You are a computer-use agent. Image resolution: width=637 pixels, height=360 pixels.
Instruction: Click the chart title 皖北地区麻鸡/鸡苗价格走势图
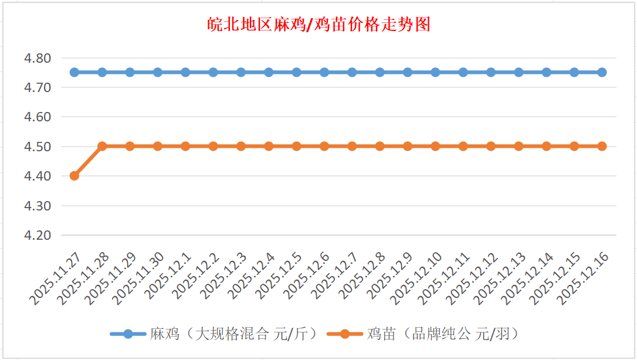[319, 25]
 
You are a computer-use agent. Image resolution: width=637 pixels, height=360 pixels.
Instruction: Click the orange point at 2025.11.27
[74, 176]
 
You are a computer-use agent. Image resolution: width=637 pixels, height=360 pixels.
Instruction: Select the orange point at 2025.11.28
[102, 146]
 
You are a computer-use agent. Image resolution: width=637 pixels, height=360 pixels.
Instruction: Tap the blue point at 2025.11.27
[74, 72]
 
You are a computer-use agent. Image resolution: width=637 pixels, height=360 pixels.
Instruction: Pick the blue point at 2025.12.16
[602, 72]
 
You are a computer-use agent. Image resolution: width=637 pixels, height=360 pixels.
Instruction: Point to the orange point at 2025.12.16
[602, 146]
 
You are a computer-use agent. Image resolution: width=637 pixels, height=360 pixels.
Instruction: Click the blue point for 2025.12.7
[352, 72]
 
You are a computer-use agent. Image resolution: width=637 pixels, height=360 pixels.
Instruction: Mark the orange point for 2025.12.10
[435, 146]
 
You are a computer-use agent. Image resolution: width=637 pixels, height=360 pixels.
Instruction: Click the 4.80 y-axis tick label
[38, 58]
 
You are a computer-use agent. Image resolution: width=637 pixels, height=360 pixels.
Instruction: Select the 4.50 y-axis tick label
[38, 147]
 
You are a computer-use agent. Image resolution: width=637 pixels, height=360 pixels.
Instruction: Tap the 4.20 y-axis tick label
[38, 235]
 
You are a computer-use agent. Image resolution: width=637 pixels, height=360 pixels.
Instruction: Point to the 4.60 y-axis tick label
[38, 117]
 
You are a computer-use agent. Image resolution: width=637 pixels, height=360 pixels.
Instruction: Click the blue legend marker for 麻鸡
[128, 334]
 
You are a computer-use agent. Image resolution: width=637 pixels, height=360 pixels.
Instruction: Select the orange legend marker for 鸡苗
[345, 334]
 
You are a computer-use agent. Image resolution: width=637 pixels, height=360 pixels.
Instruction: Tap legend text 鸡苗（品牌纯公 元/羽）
[443, 334]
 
